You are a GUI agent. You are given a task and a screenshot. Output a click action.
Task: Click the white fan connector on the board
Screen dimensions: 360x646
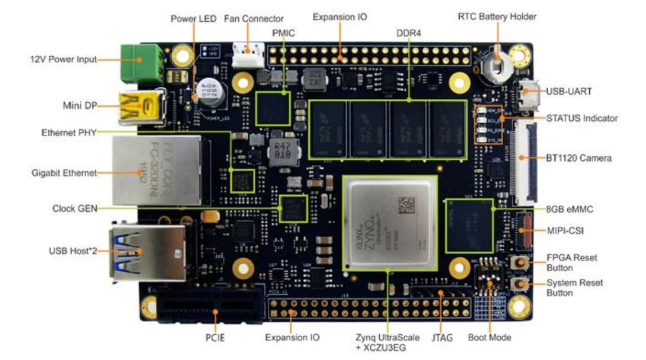click(x=248, y=56)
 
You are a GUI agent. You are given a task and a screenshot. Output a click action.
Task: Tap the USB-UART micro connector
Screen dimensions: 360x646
click(x=530, y=97)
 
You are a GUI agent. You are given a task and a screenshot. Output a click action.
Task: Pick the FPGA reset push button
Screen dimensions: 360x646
click(x=518, y=263)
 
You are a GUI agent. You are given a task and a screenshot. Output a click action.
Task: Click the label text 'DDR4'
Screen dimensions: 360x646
click(x=409, y=33)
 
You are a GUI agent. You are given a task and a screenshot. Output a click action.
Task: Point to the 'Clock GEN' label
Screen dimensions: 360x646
click(x=74, y=208)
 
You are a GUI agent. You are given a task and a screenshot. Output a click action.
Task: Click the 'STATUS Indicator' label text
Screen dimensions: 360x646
click(x=581, y=118)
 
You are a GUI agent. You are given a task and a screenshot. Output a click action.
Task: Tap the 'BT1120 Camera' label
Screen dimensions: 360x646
click(x=579, y=158)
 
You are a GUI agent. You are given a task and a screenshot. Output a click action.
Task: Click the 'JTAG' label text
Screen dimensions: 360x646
click(x=441, y=338)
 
